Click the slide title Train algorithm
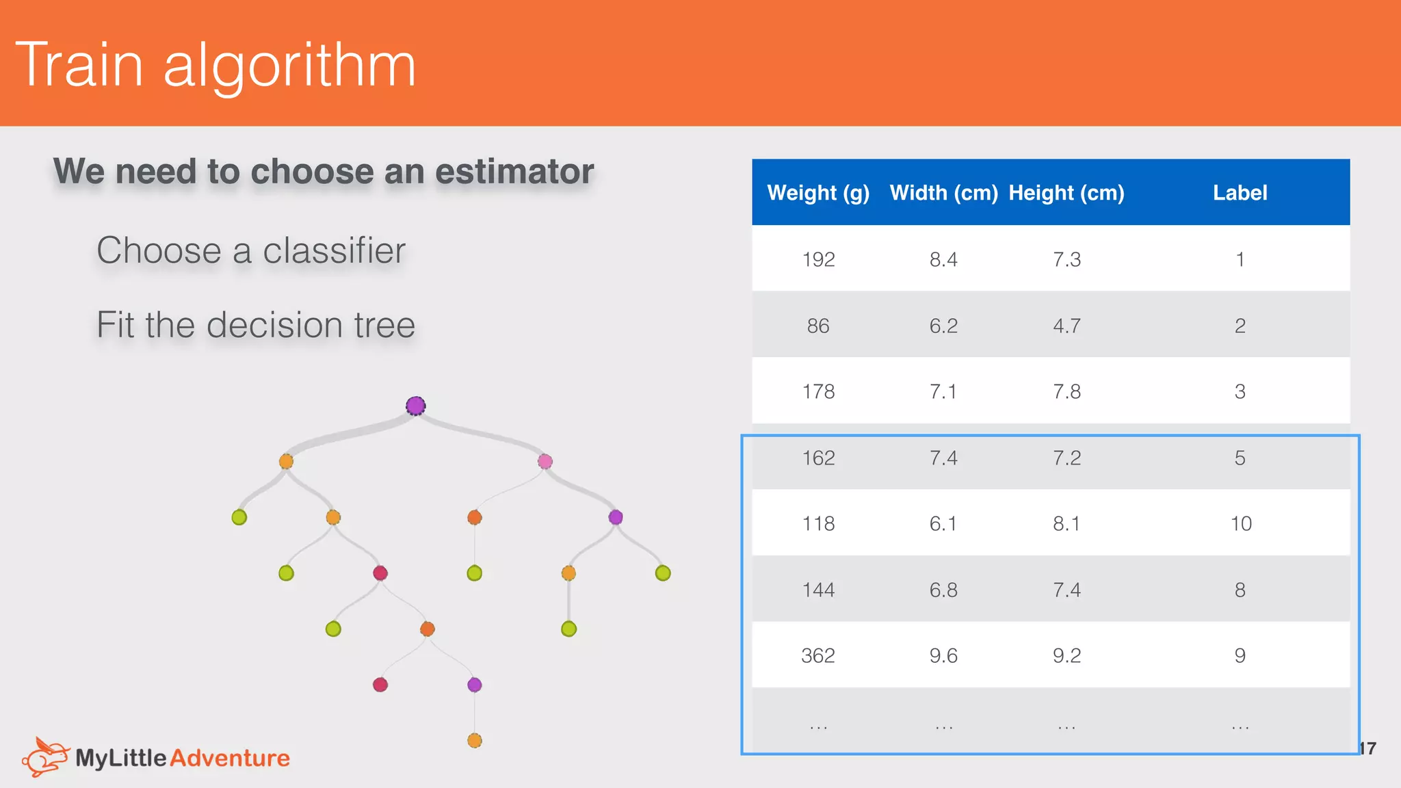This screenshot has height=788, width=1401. [215, 65]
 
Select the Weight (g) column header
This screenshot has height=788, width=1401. [818, 193]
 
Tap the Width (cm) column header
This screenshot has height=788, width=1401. [943, 193]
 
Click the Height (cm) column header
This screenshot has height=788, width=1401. [1066, 193]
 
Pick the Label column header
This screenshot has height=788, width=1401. [1240, 193]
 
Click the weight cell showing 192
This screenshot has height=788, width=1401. [818, 259]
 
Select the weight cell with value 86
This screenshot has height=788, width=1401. [818, 326]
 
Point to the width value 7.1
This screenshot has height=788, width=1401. [943, 391]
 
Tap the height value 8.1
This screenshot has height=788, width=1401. [1066, 523]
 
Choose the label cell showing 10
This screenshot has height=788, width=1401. [1240, 523]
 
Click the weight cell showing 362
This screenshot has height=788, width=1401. [818, 655]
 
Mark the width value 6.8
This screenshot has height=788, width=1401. [943, 590]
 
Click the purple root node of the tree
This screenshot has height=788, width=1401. [415, 406]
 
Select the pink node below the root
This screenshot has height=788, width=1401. [545, 461]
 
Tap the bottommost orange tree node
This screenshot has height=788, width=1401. [475, 740]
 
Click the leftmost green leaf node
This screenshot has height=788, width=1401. [239, 517]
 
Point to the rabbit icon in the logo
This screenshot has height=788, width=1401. [45, 757]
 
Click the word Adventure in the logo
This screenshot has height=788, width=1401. [230, 758]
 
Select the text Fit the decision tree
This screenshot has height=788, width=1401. [256, 324]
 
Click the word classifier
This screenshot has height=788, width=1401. [334, 250]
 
